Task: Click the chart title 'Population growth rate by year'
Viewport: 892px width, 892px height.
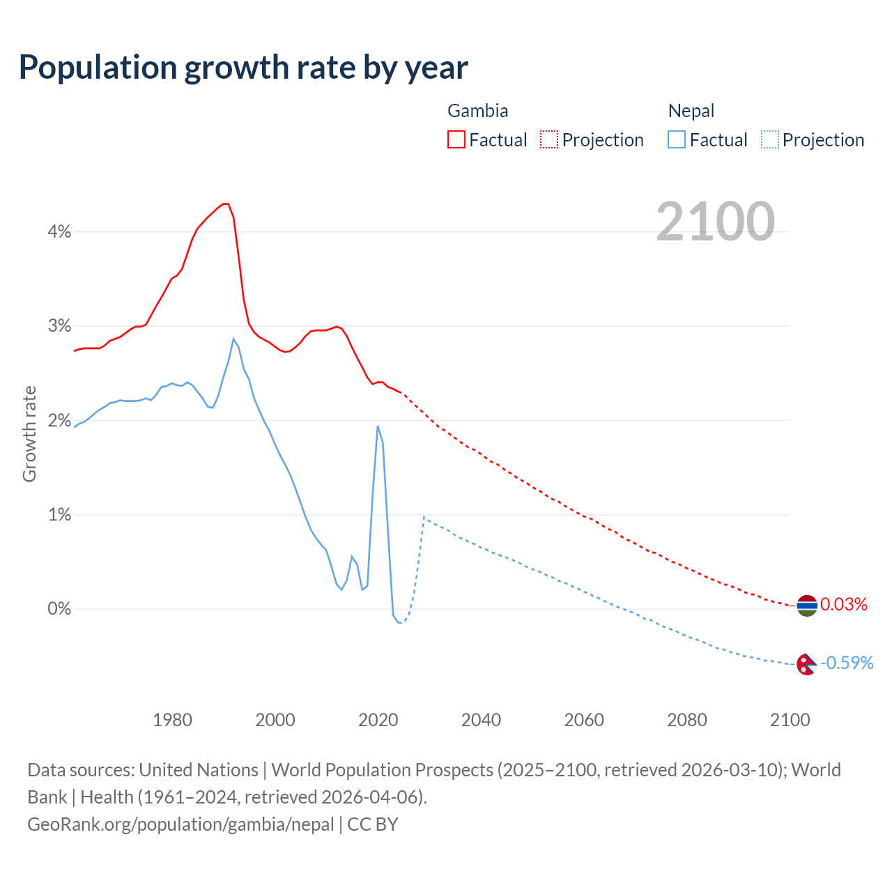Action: coord(243,68)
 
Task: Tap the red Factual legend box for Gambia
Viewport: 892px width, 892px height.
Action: coord(456,139)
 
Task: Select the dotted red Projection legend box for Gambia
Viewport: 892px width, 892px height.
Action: coord(549,139)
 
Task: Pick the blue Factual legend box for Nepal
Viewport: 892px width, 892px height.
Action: coord(676,139)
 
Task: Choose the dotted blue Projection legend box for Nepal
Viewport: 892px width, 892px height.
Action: coord(769,139)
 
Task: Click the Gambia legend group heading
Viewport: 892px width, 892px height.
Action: coord(477,111)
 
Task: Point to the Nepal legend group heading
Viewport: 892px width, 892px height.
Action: coord(691,111)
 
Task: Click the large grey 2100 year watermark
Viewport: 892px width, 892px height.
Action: coord(715,222)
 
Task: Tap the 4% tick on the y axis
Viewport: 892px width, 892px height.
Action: coord(59,232)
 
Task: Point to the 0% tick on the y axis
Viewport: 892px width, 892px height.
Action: coord(59,609)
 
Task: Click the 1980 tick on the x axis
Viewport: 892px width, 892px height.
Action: coord(172,720)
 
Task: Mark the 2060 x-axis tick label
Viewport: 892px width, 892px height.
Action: coord(584,720)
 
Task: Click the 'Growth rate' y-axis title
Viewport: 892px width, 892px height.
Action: coord(29,433)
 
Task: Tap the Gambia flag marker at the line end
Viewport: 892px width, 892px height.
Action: coord(807,606)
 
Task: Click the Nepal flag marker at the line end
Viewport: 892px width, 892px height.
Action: coord(806,664)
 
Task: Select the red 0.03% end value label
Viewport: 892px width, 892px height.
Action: coord(844,604)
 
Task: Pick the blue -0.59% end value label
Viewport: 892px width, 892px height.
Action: coord(847,663)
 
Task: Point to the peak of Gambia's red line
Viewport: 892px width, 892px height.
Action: coord(225,203)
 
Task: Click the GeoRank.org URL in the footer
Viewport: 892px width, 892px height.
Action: coord(180,824)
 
